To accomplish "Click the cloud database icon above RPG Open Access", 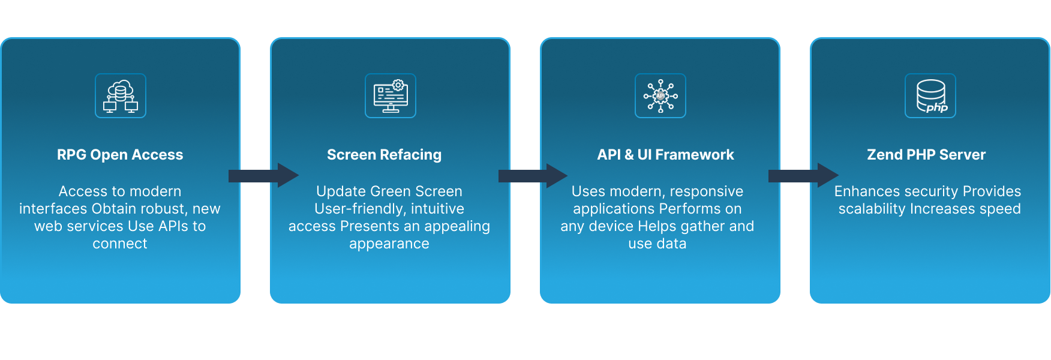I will tap(121, 96).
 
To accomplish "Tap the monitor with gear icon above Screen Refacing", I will tap(391, 96).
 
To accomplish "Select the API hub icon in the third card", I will tap(660, 96).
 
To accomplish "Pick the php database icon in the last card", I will tap(930, 96).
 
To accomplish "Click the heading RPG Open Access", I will tap(120, 155).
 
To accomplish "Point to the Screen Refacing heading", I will tap(384, 155).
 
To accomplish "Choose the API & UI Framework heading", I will tap(665, 155).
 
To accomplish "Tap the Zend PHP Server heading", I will tap(926, 155).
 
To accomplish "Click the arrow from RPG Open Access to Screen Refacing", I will tap(263, 175).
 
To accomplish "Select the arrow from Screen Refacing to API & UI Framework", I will tap(533, 175).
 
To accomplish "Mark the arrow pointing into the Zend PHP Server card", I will tap(803, 175).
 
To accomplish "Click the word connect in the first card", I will tap(120, 244).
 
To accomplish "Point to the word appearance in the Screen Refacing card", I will tap(389, 244).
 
